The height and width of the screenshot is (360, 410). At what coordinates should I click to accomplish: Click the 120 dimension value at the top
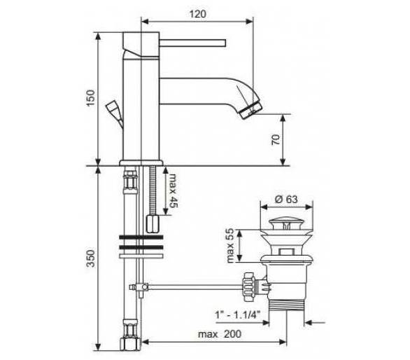tap(198, 14)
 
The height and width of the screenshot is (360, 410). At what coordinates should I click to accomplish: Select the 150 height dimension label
tap(91, 98)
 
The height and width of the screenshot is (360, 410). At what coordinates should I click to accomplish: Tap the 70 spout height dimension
tap(276, 140)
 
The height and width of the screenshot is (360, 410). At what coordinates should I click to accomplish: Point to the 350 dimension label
tap(91, 258)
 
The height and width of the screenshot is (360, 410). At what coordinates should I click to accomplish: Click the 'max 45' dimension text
tap(173, 191)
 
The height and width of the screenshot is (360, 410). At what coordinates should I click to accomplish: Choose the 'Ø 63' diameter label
tap(286, 199)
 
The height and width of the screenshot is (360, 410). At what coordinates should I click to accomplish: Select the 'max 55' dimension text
tap(230, 245)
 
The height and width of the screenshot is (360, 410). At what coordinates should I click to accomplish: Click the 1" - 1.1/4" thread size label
tap(238, 314)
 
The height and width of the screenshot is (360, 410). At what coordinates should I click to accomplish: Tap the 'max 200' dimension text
tap(220, 334)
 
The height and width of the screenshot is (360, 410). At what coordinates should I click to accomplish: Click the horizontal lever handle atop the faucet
tap(192, 43)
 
